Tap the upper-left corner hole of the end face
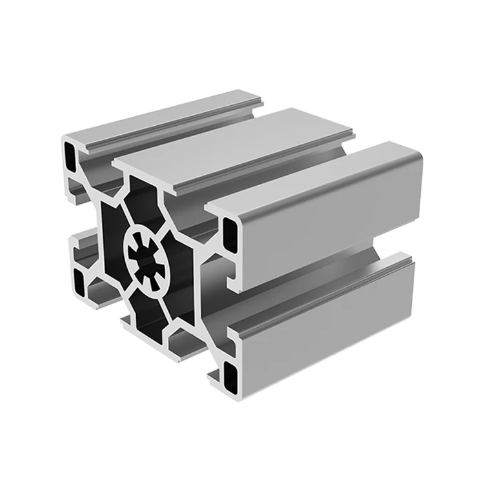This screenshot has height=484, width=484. click(69, 153)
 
